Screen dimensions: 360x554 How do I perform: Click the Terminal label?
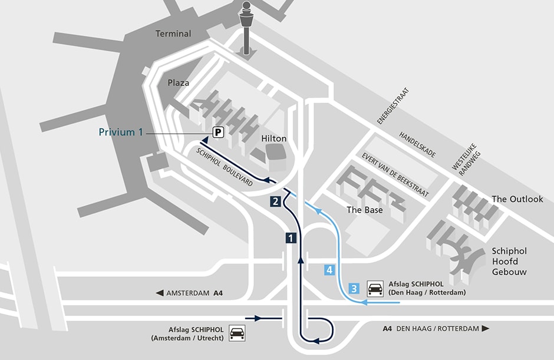[x=173, y=34]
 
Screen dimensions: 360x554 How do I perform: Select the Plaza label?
[x=179, y=83]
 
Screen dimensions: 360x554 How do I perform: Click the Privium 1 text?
[x=121, y=133]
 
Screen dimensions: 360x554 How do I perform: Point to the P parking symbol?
[x=218, y=133]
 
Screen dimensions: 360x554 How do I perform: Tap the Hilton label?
[x=273, y=139]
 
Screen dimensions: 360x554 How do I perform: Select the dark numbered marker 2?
[x=275, y=201]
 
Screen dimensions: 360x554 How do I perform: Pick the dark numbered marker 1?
[x=290, y=238]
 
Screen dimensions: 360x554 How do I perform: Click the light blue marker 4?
[x=329, y=270]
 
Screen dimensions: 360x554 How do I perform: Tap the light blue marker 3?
[x=354, y=289]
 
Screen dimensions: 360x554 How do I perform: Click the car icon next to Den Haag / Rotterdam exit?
[x=375, y=288]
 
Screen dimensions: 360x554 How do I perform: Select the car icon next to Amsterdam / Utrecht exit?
[x=237, y=333]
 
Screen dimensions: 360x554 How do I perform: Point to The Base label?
[x=364, y=210]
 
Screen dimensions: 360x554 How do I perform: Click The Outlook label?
[x=517, y=199]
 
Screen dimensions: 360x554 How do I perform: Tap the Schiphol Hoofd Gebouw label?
[x=509, y=262]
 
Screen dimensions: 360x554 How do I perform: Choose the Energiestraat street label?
[x=393, y=106]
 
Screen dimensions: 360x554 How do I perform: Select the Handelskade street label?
[x=418, y=144]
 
